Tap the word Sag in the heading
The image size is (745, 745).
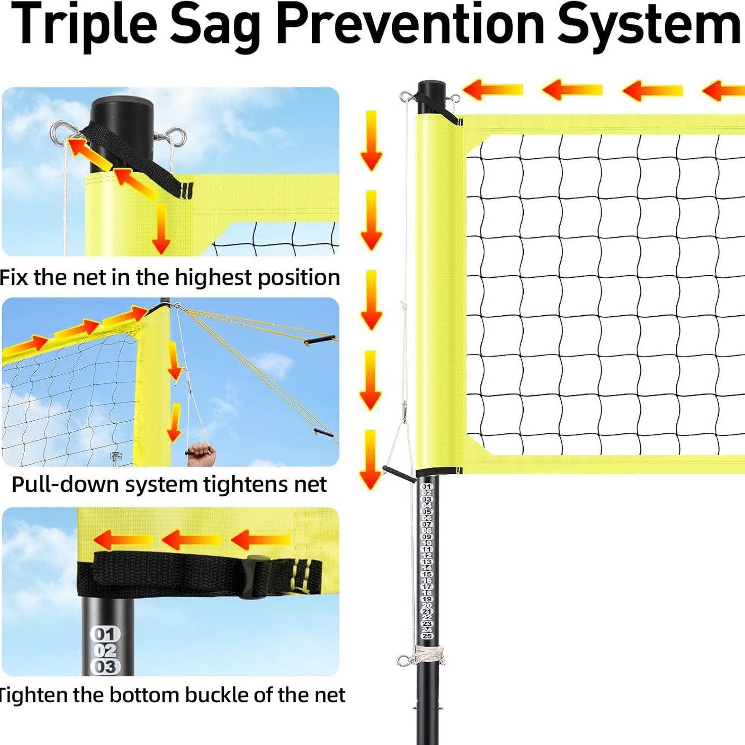coord(215,25)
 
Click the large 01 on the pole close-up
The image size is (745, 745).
coord(105,634)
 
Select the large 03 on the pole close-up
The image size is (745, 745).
coord(105,666)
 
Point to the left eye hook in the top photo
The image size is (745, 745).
coord(60,132)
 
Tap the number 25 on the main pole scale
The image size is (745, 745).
coord(427,635)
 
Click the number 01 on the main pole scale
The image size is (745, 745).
coord(427,486)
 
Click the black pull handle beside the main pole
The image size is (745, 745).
coord(399,474)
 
